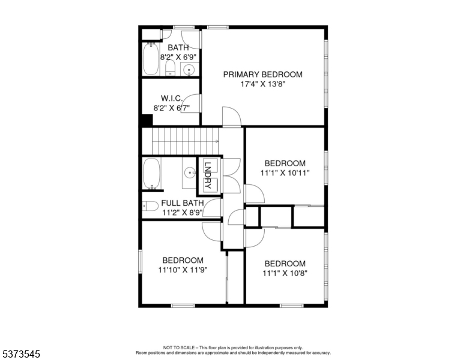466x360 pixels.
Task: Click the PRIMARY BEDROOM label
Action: (x=262, y=74)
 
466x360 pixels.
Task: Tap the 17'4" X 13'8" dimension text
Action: (x=262, y=84)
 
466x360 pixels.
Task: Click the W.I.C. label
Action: (x=172, y=98)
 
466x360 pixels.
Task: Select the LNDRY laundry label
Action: (x=208, y=175)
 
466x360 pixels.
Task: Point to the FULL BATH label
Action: (x=183, y=203)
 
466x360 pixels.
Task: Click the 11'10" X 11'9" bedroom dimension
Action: (x=183, y=270)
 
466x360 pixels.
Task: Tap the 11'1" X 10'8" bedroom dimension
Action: (x=285, y=273)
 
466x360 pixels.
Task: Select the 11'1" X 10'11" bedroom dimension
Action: (x=285, y=173)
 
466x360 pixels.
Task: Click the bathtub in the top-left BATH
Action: (x=151, y=59)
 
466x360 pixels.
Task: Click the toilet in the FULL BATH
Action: (x=150, y=206)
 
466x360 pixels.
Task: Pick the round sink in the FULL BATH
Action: (x=190, y=172)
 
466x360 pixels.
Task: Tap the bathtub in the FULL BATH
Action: (x=151, y=173)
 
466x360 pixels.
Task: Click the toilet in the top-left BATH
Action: (x=171, y=68)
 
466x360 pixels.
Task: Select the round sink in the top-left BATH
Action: (x=189, y=70)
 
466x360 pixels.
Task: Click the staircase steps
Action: (x=186, y=141)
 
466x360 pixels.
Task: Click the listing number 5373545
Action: (x=21, y=354)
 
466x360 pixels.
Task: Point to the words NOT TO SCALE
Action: (x=178, y=347)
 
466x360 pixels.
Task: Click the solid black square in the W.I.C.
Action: (x=147, y=120)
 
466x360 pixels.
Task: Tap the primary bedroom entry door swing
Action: (x=232, y=116)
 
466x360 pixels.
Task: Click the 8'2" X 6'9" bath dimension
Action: (x=178, y=57)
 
